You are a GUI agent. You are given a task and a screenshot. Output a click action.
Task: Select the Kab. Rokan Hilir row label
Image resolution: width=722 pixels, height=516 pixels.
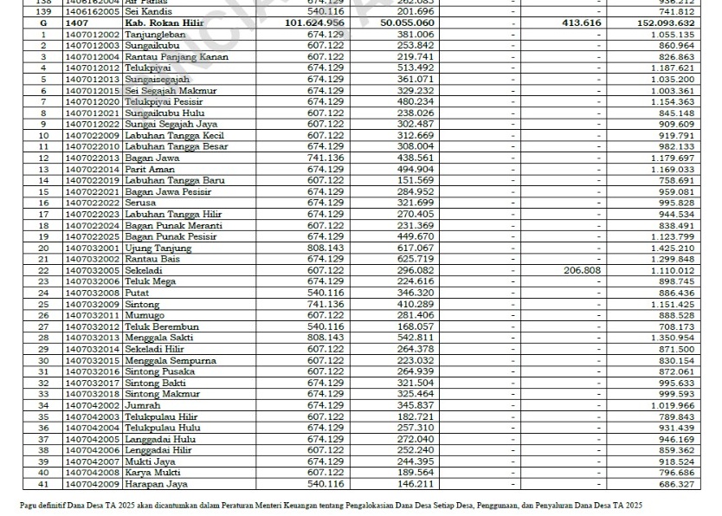[164, 23]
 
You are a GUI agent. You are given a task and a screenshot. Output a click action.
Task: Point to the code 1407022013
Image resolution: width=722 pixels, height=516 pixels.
[93, 158]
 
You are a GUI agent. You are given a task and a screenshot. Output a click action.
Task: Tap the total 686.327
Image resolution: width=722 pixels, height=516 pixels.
[675, 484]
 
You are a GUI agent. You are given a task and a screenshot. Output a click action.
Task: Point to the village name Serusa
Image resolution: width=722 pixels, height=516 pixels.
[140, 203]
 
